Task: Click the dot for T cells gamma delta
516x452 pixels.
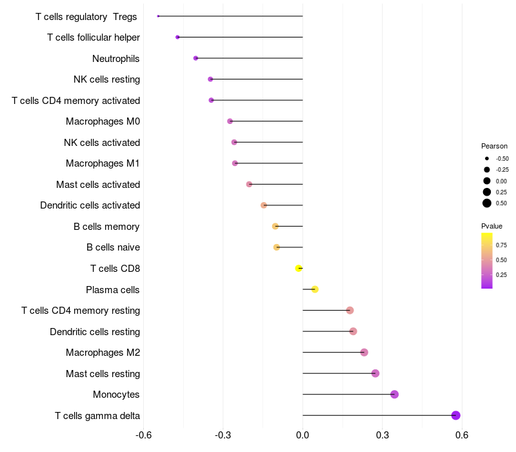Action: pos(456,415)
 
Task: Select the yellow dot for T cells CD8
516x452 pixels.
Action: pos(299,268)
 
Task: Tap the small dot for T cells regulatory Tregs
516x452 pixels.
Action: pos(158,16)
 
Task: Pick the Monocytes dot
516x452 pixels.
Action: pos(395,395)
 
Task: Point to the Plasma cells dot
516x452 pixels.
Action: pos(315,289)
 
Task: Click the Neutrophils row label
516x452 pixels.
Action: pos(116,59)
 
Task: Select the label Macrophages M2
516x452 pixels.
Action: pos(103,353)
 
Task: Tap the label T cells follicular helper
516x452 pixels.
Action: pos(94,37)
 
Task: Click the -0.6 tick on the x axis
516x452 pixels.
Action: pos(143,436)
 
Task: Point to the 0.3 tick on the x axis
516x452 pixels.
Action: pos(382,436)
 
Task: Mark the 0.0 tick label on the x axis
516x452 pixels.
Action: pos(303,436)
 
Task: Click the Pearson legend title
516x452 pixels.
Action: pos(494,146)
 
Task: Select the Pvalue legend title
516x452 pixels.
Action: pos(491,226)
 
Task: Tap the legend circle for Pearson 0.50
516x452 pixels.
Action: pos(487,203)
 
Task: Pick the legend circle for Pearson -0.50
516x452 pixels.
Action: pos(487,158)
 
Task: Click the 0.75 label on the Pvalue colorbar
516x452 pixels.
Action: pos(501,245)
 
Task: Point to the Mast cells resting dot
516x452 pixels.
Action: pos(375,373)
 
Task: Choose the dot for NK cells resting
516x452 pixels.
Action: pos(210,79)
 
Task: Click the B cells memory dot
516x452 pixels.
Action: pos(275,226)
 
